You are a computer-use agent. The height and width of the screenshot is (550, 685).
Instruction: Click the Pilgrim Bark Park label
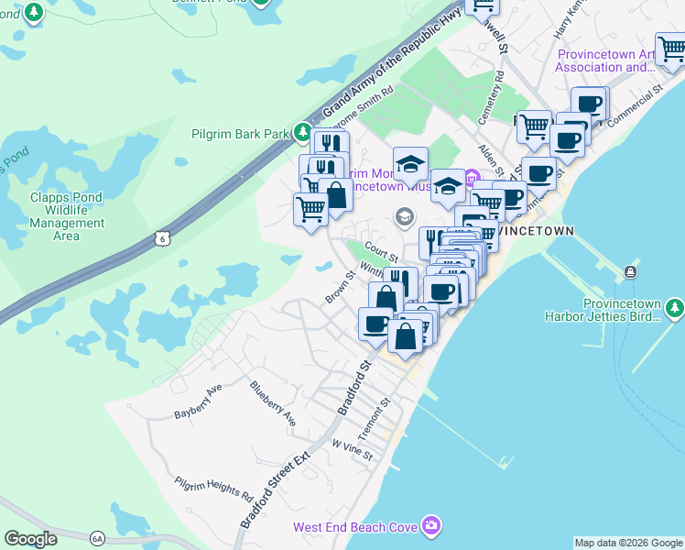pyautogui.click(x=240, y=134)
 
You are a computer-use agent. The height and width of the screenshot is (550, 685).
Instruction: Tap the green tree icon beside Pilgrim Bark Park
pyautogui.click(x=302, y=134)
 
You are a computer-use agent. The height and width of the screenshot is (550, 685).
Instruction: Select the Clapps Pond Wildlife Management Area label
pyautogui.click(x=67, y=216)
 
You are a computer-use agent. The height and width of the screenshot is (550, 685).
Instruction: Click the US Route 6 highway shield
pyautogui.click(x=163, y=238)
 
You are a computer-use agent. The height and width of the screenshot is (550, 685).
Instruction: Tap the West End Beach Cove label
pyautogui.click(x=355, y=527)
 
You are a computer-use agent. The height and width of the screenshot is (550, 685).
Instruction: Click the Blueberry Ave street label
pyautogui.click(x=274, y=403)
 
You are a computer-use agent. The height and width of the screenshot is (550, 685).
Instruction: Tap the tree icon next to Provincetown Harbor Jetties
pyautogui.click(x=674, y=308)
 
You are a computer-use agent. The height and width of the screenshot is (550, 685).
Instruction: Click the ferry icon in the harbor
pyautogui.click(x=631, y=272)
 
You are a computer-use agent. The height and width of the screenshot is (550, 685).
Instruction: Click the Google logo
pyautogui.click(x=31, y=539)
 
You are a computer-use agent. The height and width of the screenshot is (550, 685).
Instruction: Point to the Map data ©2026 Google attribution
pyautogui.click(x=628, y=543)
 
